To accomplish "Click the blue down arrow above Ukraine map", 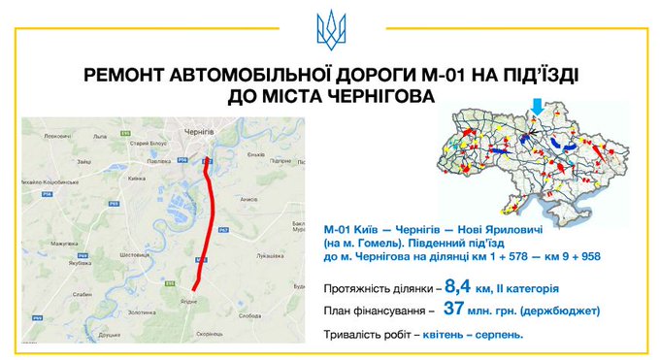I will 536,104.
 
